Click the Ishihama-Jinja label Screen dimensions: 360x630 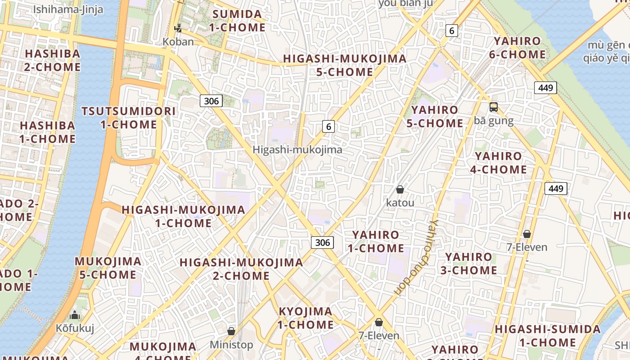(x=68, y=9)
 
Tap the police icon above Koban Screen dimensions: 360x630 (x=178, y=28)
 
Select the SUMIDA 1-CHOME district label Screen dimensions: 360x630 (x=237, y=21)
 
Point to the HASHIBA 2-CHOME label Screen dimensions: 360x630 (x=53, y=60)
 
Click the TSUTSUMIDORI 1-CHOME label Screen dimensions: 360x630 (x=128, y=118)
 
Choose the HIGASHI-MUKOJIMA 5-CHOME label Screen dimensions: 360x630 (x=345, y=65)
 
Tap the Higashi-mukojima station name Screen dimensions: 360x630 (x=297, y=150)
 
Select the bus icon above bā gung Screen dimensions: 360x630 (x=494, y=107)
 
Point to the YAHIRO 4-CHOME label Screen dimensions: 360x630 (x=499, y=163)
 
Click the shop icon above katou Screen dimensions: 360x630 (x=400, y=190)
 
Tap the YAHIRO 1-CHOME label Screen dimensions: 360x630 (x=376, y=241)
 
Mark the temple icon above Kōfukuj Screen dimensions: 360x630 (x=75, y=315)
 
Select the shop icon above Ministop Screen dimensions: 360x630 (x=231, y=331)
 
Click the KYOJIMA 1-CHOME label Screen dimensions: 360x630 (x=306, y=318)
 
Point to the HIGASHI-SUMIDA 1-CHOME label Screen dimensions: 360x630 (x=548, y=336)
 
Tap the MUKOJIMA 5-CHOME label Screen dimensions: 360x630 (x=108, y=268)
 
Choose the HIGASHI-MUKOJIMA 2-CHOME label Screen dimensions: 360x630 (x=241, y=269)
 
